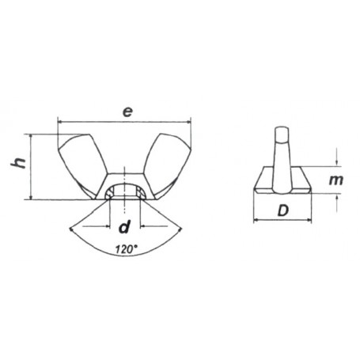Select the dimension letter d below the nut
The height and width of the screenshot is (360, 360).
point(123,229)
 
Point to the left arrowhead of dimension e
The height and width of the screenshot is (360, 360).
point(62,122)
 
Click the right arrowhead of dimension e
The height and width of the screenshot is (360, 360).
point(189,122)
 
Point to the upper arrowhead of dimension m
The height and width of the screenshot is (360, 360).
point(336,163)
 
